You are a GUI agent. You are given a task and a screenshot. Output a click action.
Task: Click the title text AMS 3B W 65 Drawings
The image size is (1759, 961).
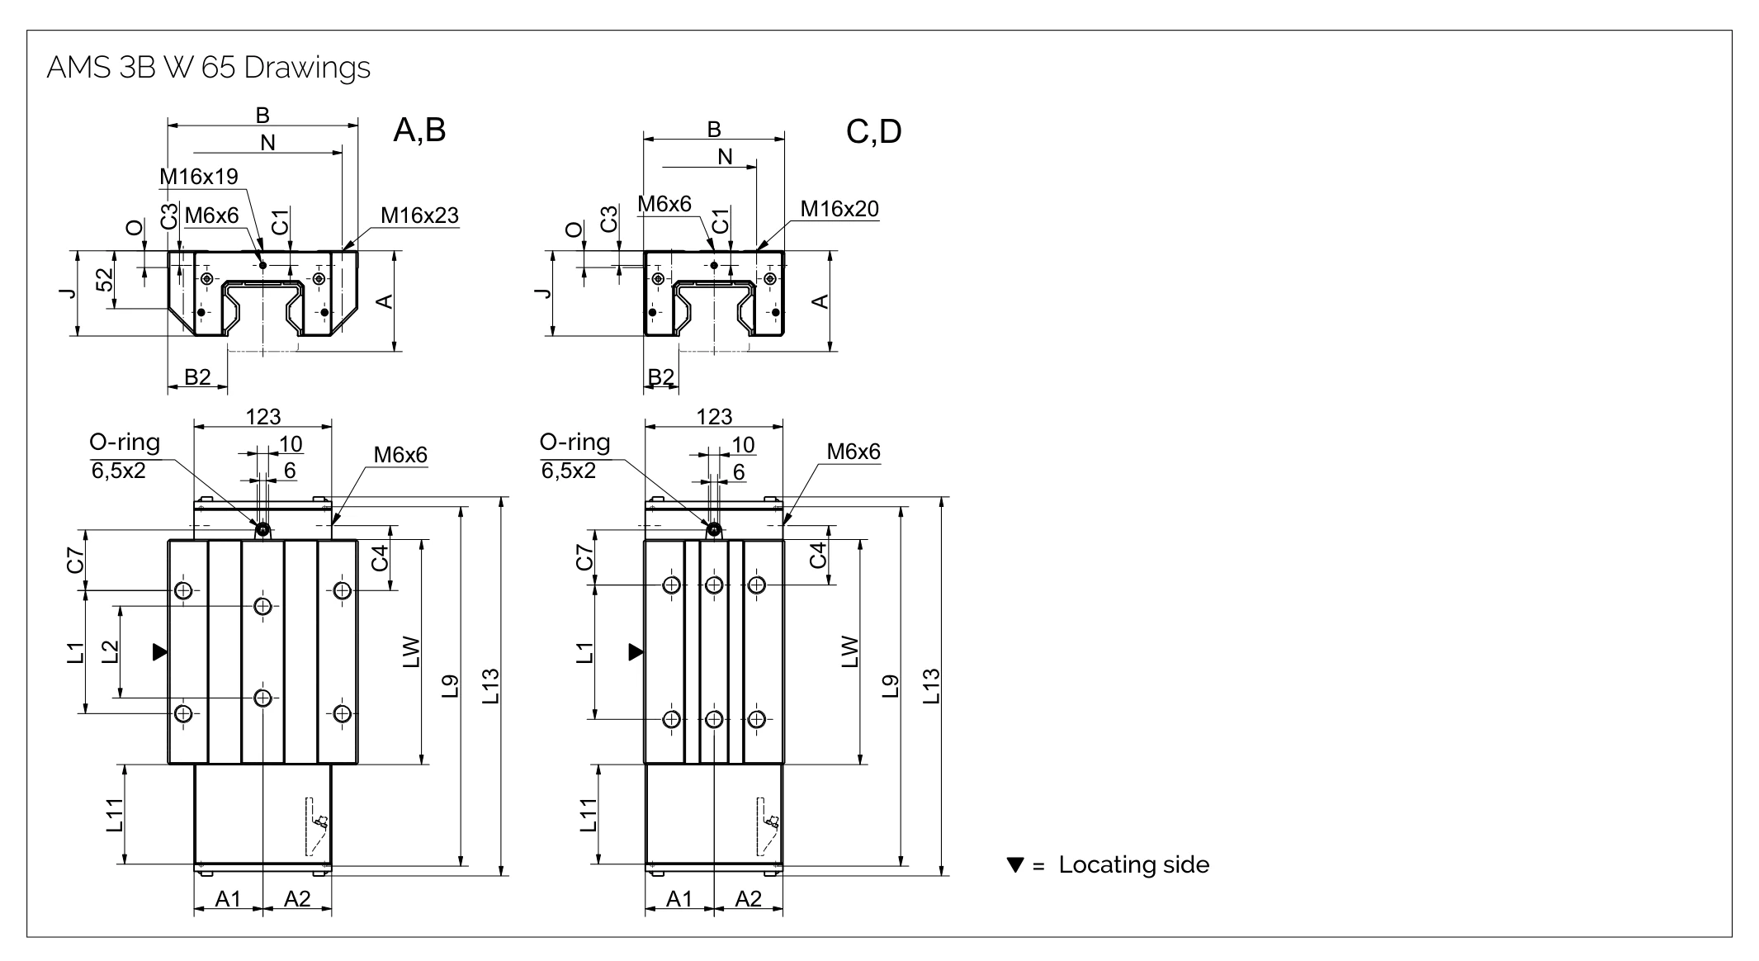tap(208, 68)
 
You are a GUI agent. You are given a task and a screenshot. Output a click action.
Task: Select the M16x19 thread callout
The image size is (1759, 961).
tap(198, 177)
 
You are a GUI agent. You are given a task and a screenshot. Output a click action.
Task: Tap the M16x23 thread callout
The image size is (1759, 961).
tap(419, 215)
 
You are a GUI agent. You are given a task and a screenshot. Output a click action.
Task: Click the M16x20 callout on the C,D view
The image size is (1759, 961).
tap(839, 209)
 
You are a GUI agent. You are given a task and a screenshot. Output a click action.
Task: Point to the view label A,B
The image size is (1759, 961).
tap(419, 130)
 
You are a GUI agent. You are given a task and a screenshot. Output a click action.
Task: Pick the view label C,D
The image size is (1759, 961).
tap(873, 132)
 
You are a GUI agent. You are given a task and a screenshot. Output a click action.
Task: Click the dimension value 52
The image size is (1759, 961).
tap(105, 281)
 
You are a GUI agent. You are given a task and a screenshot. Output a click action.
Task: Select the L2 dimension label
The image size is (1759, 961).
tap(110, 652)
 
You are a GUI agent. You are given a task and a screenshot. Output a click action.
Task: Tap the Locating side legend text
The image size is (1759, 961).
tap(1133, 865)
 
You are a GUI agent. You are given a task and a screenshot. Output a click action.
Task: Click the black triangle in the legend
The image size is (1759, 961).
tap(1015, 865)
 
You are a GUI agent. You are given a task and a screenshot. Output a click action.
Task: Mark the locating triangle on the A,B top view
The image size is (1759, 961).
tap(160, 652)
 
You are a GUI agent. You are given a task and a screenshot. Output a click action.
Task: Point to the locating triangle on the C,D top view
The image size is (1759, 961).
tap(636, 652)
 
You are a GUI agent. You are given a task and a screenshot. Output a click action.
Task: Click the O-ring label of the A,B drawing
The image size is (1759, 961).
tap(125, 443)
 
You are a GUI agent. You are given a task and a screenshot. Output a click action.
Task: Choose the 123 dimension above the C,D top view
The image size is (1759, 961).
tap(714, 417)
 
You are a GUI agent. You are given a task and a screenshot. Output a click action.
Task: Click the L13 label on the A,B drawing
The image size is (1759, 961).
tap(490, 685)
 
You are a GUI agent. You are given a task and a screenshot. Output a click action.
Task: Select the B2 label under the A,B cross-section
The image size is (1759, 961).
tap(197, 377)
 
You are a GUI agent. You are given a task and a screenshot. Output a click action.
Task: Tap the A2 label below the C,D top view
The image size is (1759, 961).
tap(748, 899)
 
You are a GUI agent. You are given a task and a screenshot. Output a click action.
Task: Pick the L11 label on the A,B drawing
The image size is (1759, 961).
tap(115, 815)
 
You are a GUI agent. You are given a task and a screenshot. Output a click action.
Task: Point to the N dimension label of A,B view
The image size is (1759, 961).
tap(267, 143)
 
